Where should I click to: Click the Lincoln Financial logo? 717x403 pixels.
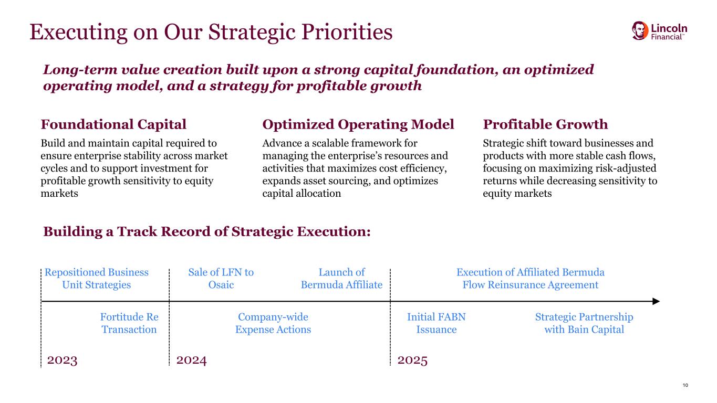[659, 31]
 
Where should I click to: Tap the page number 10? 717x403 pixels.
[685, 385]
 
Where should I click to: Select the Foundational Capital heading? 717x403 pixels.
[113, 124]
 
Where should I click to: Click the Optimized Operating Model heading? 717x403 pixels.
[358, 124]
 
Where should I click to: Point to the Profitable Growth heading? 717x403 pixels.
[545, 124]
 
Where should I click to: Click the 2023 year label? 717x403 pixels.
[62, 360]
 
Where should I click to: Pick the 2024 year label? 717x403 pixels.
[191, 360]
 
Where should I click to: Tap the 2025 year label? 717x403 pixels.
[412, 360]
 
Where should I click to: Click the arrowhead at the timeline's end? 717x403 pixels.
[656, 301]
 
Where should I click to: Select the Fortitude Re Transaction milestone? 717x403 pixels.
[129, 323]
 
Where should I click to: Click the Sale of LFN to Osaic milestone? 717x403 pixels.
[221, 278]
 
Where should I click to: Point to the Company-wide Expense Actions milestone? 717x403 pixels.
[273, 323]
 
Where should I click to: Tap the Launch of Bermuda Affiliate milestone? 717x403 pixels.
[341, 278]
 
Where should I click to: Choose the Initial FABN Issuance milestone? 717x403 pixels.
[437, 323]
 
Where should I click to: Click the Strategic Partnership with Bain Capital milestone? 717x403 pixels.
[584, 323]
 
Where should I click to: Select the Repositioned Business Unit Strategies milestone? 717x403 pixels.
[96, 278]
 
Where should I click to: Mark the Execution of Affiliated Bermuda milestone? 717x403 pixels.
[531, 278]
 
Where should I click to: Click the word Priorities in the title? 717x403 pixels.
[347, 32]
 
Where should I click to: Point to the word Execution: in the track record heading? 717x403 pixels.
[334, 231]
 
